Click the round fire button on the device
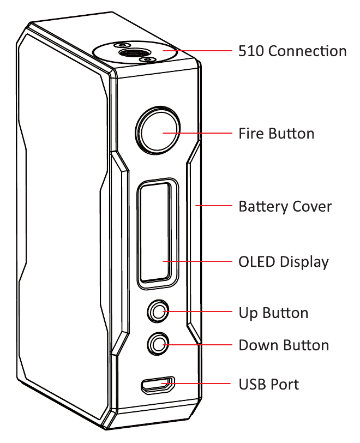tap(158, 131)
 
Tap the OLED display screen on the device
tap(157, 234)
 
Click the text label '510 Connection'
tap(292, 51)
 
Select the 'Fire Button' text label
tap(277, 134)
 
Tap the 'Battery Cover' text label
tap(285, 207)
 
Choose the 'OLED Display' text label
tap(284, 262)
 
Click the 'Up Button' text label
tap(273, 313)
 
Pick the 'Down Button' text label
tap(284, 345)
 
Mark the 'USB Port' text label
tap(269, 384)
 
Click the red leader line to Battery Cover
tap(215, 206)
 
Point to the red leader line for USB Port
tap(202, 384)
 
